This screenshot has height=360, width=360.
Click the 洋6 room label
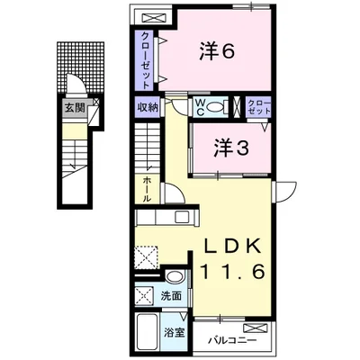pos(217,51)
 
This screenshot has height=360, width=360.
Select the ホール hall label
pos(145,189)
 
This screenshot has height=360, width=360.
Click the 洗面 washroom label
pos(171,294)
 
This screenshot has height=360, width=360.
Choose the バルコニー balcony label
pos(232,341)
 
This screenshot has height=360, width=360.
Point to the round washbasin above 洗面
pos(174,276)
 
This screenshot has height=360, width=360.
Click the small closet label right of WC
pos(257,108)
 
